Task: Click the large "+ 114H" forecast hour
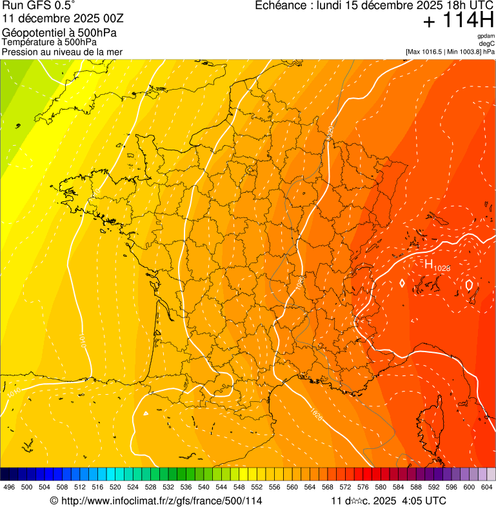(x=459, y=21)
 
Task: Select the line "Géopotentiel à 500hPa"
(x=52, y=33)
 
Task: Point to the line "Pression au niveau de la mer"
(x=62, y=52)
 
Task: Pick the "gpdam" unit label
(x=486, y=37)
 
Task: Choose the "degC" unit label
(x=487, y=44)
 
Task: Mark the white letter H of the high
(x=428, y=263)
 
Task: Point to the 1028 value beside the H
(x=442, y=268)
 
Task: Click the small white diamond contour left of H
(x=402, y=283)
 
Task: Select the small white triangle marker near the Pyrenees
(x=146, y=413)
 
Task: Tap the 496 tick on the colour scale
(x=9, y=487)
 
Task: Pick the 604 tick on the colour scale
(x=486, y=487)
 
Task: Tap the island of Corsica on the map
(x=437, y=419)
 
